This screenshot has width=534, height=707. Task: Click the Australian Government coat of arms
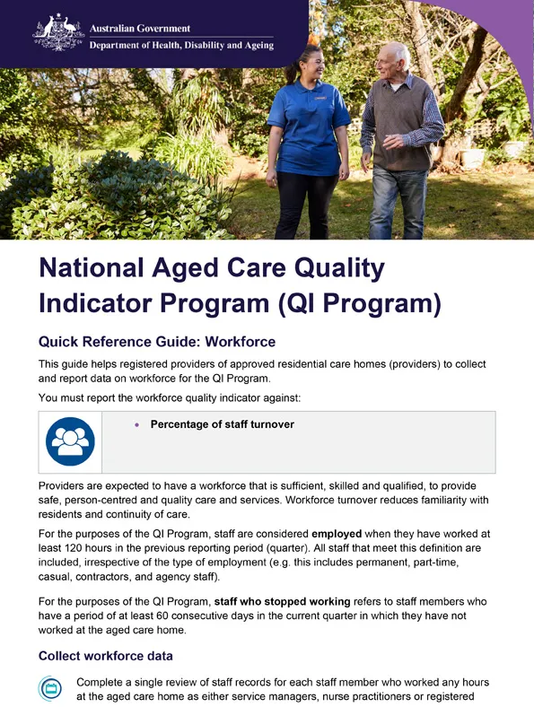[58, 32]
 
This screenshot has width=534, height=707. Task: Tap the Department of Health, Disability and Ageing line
[181, 46]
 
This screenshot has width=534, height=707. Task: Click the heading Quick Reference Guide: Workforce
[156, 342]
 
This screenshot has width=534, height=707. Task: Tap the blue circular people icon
[70, 441]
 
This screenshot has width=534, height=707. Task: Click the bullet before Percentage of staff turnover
[137, 424]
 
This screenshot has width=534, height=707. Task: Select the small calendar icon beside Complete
[50, 689]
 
